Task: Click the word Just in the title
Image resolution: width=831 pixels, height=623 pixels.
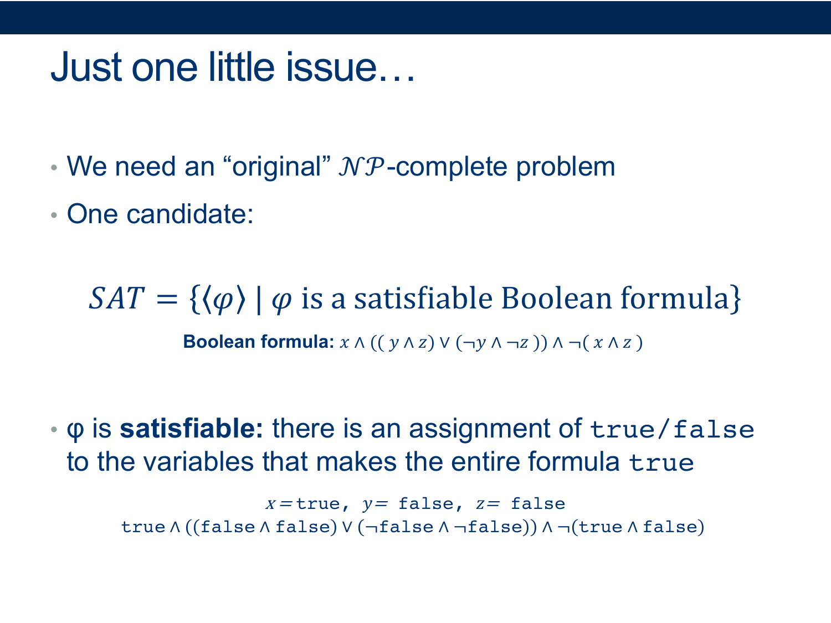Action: (86, 68)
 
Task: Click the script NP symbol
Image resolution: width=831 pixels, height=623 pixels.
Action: (362, 167)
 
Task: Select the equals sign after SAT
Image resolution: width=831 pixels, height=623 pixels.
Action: (167, 299)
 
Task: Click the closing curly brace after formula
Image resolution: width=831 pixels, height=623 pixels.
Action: (735, 299)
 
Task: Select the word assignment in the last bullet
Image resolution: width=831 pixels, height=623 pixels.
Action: (479, 430)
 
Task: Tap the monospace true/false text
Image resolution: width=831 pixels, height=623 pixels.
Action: (672, 429)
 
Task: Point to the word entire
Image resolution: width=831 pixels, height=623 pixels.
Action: (485, 462)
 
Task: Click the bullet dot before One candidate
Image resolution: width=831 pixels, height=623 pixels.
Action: (54, 215)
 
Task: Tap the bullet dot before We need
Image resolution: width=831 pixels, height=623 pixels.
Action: (54, 168)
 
